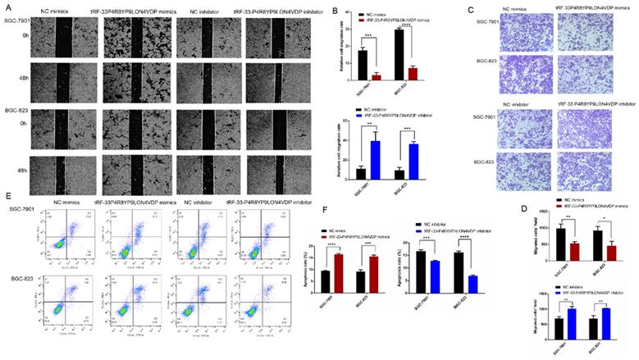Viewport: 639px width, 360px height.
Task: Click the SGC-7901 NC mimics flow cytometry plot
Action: point(69,235)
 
